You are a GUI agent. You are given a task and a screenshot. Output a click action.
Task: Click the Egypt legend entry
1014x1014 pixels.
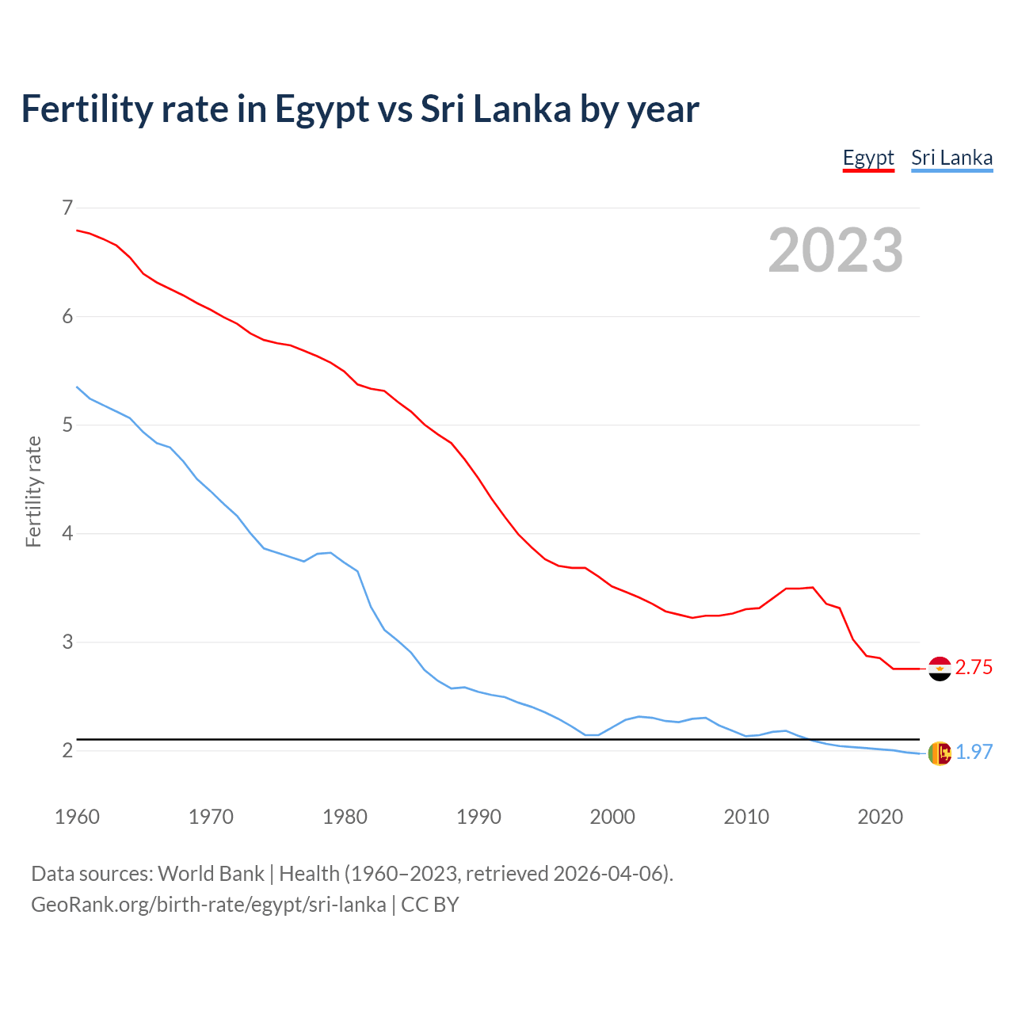point(868,158)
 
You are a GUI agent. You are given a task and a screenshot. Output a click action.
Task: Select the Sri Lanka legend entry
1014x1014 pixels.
point(951,158)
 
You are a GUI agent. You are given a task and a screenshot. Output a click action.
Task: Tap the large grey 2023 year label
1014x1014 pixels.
point(835,250)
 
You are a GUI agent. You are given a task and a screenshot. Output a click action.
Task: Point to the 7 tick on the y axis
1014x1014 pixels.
point(67,208)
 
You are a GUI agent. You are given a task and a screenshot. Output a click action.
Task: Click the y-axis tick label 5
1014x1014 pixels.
point(67,425)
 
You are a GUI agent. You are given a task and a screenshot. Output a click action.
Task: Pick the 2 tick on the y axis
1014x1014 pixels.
point(67,750)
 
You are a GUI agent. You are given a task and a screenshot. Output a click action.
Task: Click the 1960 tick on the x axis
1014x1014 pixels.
point(77,817)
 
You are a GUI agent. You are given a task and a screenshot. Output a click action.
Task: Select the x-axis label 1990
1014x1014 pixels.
point(478,817)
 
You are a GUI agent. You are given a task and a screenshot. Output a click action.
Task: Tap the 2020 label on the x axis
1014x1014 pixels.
point(880,817)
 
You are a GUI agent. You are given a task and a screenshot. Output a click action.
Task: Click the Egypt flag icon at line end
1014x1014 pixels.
point(940,669)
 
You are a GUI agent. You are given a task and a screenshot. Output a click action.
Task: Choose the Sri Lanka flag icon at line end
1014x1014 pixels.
point(940,753)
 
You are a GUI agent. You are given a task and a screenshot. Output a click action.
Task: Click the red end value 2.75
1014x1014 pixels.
point(974,668)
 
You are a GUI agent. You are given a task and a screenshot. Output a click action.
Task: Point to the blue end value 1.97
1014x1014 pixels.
point(974,753)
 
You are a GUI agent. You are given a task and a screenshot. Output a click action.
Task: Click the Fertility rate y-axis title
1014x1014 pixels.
point(33,491)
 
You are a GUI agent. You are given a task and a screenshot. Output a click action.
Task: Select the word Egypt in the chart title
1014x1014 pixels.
point(322,109)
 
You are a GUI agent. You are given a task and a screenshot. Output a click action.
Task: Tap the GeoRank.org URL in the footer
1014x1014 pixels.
point(208,905)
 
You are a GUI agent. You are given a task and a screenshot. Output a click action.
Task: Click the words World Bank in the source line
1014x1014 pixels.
point(211,874)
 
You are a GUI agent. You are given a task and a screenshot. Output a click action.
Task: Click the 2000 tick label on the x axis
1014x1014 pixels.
point(612,817)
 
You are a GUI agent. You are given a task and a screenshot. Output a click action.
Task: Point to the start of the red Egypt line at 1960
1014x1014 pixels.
point(78,230)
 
